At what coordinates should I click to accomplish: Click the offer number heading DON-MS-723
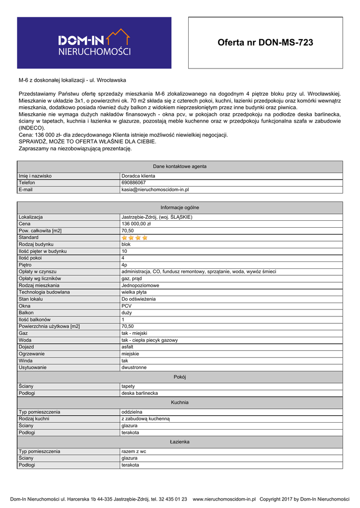[265, 43]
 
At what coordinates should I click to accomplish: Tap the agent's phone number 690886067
[134, 183]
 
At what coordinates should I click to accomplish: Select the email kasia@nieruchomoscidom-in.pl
[155, 190]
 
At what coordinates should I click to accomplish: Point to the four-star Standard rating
[135, 238]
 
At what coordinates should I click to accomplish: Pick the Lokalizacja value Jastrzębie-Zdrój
[157, 217]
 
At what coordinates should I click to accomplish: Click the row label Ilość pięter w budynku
[43, 252]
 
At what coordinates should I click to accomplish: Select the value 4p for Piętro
[125, 265]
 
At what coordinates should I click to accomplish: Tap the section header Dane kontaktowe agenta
[180, 167]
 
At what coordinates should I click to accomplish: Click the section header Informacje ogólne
[180, 208]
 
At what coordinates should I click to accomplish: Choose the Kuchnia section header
[180, 402]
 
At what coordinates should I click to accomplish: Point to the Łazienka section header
[180, 442]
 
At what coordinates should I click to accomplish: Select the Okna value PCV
[127, 306]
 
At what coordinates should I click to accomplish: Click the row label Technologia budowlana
[44, 292]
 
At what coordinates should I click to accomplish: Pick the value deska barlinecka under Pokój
[140, 393]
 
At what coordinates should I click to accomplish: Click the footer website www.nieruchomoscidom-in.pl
[224, 499]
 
